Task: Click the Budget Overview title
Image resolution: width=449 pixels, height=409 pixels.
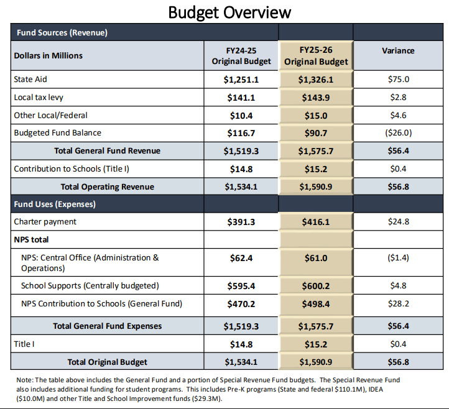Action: [230, 12]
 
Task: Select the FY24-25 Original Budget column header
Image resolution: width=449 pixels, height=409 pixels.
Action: [241, 56]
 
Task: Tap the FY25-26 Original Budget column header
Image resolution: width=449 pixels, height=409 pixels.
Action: [316, 56]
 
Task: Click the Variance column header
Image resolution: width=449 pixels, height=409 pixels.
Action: [398, 50]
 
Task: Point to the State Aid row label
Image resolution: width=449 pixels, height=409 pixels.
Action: [30, 80]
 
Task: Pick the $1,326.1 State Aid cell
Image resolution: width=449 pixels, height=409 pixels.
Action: [316, 80]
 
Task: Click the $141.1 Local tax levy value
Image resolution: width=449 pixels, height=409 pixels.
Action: [241, 98]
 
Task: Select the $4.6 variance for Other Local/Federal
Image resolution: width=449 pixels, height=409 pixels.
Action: [398, 115]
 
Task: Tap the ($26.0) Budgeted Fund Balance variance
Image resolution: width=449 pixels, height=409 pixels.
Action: [398, 132]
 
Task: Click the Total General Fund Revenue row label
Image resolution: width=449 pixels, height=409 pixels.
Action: [107, 150]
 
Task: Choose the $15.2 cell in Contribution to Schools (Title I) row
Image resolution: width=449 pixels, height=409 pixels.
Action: [316, 168]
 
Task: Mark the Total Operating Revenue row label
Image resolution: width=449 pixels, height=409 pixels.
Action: [107, 186]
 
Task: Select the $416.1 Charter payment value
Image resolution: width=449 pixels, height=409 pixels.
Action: [316, 221]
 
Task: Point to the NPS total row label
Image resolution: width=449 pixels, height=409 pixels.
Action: [31, 239]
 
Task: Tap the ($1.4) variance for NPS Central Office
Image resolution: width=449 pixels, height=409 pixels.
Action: [398, 257]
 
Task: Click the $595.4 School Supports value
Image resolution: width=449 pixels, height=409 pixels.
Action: [241, 286]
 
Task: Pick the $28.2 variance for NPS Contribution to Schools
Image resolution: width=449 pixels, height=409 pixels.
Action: [398, 304]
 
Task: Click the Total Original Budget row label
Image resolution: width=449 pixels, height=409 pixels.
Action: [107, 361]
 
